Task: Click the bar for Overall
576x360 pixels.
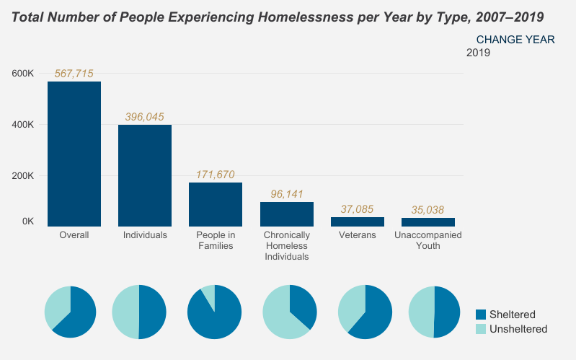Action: click(74, 154)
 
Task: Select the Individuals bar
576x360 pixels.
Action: click(145, 176)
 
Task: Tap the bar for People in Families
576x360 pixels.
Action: click(216, 205)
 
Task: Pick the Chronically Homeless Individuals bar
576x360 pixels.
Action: click(286, 214)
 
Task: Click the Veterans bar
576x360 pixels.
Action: click(357, 221)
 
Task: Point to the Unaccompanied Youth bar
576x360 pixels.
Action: click(427, 222)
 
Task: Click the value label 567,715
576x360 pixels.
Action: click(74, 74)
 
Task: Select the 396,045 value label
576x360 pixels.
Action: click(145, 116)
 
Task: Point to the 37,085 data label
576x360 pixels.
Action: click(357, 209)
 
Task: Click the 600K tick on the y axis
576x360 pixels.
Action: click(22, 74)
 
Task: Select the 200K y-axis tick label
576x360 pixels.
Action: click(22, 176)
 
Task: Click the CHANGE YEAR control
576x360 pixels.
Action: click(515, 40)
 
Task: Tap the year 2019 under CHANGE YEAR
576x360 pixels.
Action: click(478, 53)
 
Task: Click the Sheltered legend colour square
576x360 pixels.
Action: click(482, 315)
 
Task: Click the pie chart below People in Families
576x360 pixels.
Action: click(214, 312)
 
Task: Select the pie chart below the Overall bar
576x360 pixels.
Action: click(70, 312)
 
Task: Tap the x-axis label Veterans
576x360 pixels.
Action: click(357, 235)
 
